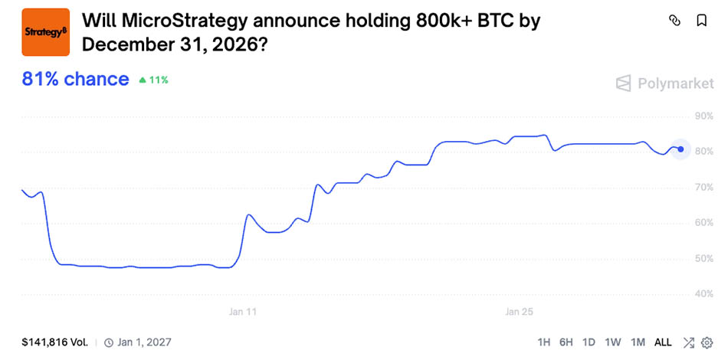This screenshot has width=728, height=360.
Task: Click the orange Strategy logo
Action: [45, 32]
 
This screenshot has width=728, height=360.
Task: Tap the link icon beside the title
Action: [675, 21]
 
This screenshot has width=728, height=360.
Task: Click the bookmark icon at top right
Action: [701, 21]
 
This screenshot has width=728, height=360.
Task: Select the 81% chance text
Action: [75, 79]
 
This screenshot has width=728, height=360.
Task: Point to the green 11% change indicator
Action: [154, 80]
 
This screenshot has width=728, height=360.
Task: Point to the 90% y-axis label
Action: [703, 116]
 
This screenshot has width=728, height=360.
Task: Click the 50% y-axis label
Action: [703, 258]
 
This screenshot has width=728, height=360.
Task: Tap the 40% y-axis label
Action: [703, 293]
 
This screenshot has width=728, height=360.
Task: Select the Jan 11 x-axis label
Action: [243, 312]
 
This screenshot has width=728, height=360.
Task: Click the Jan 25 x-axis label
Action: [519, 312]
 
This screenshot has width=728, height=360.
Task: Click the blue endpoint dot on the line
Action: [680, 149]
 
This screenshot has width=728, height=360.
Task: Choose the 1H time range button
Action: [543, 342]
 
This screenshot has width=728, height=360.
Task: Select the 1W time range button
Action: [612, 342]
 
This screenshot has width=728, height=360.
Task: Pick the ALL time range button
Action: [663, 342]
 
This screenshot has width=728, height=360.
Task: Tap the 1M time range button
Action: [638, 342]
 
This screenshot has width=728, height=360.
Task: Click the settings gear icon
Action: [707, 342]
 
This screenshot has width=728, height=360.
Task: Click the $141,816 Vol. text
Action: [54, 342]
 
